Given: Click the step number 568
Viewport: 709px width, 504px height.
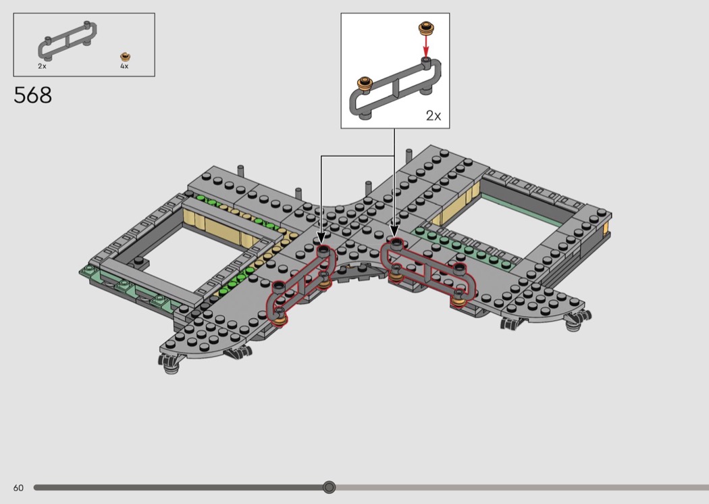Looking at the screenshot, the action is tap(32, 95).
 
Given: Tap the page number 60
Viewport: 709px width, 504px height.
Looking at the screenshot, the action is tap(18, 488).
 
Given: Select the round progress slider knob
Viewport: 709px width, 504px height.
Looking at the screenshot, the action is tap(330, 487).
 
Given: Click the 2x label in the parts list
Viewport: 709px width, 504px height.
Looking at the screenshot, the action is tap(42, 66).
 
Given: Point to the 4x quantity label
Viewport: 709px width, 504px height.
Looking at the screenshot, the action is tap(124, 66).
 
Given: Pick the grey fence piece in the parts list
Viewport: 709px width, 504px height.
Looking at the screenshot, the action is tap(67, 41).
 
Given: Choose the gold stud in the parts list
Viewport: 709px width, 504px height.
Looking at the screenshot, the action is tap(125, 57).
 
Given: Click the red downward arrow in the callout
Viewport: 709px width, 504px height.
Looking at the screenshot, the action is tap(425, 47).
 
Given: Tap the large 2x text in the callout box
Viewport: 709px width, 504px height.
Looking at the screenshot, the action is tap(434, 116).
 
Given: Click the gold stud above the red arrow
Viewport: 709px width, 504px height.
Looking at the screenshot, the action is tap(426, 28).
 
